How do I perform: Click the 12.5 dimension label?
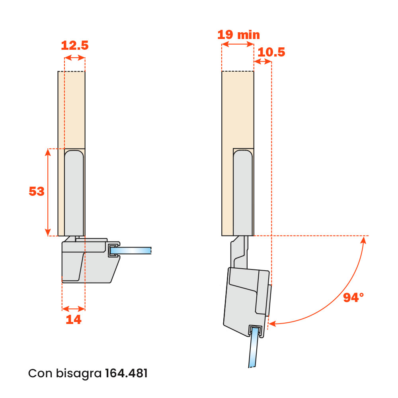pyautogui.click(x=74, y=45)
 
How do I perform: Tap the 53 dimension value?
pyautogui.click(x=37, y=191)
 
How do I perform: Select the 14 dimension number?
pyautogui.click(x=74, y=319)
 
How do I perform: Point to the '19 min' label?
pyautogui.click(x=238, y=35)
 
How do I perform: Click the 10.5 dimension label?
pyautogui.click(x=271, y=52)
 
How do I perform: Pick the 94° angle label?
pyautogui.click(x=353, y=297)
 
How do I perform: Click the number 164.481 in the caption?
pyautogui.click(x=126, y=374)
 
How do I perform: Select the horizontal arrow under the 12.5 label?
pyautogui.click(x=74, y=58)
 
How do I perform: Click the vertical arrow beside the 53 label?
pyautogui.click(x=48, y=192)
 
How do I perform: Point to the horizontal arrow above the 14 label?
pyautogui.click(x=74, y=308)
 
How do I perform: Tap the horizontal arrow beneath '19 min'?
pyautogui.click(x=238, y=45)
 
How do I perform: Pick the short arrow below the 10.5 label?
pyautogui.click(x=263, y=62)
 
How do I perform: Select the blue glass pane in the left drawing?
pyautogui.click(x=133, y=250)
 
